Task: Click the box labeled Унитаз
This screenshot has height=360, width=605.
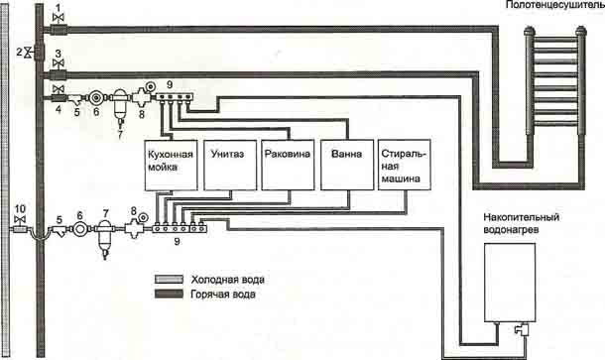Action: pos(230,166)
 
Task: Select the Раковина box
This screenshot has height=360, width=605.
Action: pos(288,166)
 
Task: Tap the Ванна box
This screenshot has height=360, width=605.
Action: pos(347,166)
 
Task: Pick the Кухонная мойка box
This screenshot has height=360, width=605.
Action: pos(171,166)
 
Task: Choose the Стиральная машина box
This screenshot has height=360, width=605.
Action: pos(405,166)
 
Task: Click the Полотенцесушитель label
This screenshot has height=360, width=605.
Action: pos(554,5)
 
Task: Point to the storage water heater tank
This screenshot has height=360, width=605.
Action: pos(510,283)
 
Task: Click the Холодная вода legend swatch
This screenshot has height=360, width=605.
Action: pos(169,279)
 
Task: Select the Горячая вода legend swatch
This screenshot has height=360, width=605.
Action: pos(169,294)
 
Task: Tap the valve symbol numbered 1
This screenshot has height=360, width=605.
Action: pos(58,18)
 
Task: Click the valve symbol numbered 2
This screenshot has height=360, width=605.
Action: pos(28,53)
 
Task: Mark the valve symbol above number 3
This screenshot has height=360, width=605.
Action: pos(59,63)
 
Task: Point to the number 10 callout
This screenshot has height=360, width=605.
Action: pos(20,209)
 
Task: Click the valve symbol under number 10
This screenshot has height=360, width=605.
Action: pos(20,219)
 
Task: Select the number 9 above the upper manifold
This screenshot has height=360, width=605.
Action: pos(170,84)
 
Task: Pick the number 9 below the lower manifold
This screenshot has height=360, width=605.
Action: pos(177,242)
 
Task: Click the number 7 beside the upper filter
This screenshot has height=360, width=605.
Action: pos(120,135)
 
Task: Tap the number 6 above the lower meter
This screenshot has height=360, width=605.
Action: pos(80,215)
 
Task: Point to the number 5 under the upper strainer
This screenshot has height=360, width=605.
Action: pos(76,112)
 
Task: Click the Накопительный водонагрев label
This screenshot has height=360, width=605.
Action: pos(521,223)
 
